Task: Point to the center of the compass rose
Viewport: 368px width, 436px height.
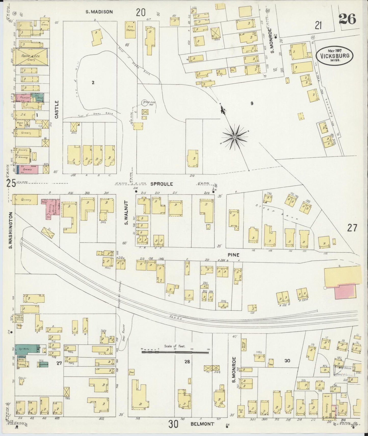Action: (x=235, y=137)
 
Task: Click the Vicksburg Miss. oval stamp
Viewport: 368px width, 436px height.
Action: (x=334, y=55)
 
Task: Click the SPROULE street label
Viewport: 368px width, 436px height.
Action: (x=158, y=184)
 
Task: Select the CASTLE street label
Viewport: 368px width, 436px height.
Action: (x=57, y=109)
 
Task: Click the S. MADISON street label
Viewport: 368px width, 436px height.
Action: (x=99, y=11)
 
